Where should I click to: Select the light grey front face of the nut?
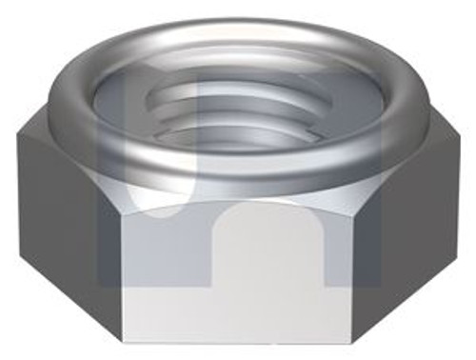238,286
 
